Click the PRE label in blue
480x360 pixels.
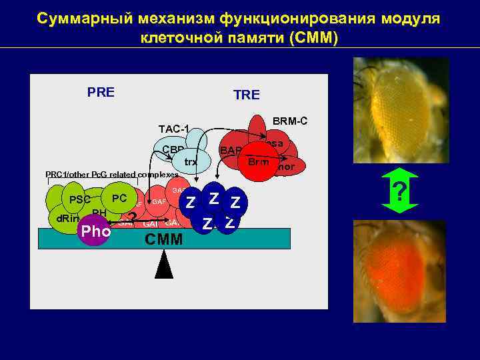(x=101, y=92)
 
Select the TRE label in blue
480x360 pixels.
(x=246, y=95)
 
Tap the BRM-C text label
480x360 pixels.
(x=289, y=121)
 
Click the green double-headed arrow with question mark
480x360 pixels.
(x=400, y=193)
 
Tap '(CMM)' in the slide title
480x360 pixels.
(x=314, y=37)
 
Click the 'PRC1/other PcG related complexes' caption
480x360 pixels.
(x=111, y=174)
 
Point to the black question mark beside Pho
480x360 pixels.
(x=133, y=219)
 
